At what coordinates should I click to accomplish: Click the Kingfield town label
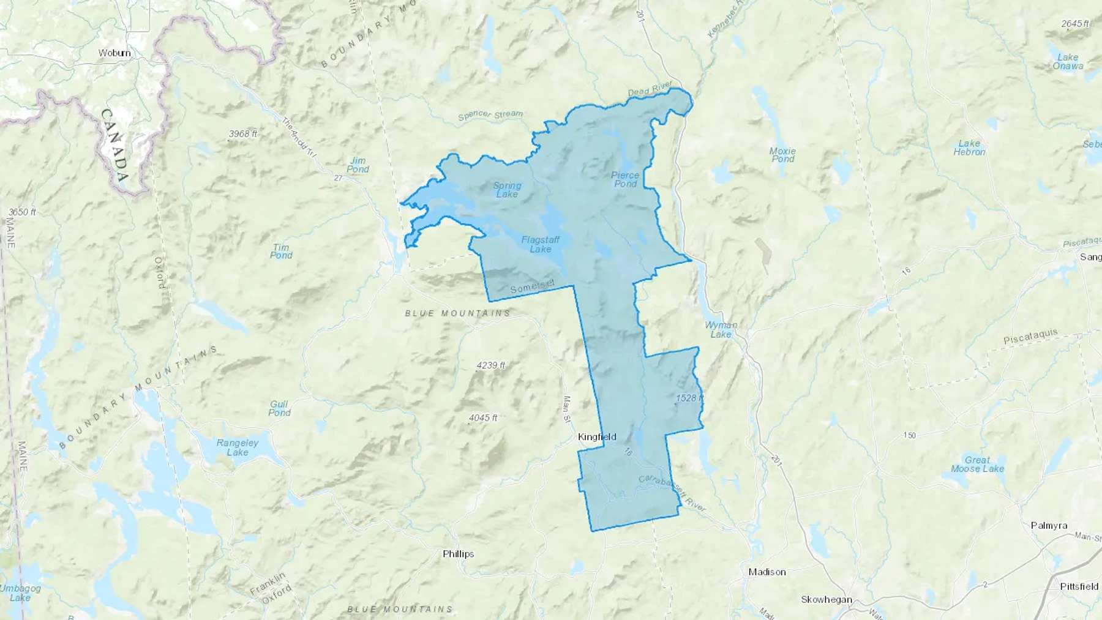click(597, 437)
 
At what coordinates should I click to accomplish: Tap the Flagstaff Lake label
click(540, 244)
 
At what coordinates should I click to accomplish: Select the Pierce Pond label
click(625, 179)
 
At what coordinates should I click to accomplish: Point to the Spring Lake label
click(507, 190)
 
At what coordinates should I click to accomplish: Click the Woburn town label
click(114, 53)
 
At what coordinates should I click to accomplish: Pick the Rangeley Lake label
click(238, 447)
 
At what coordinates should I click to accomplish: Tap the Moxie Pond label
click(782, 155)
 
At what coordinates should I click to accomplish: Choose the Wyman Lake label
click(721, 329)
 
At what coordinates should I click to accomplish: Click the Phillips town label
click(458, 554)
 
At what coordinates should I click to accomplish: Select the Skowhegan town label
click(826, 599)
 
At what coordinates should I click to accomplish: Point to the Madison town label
click(767, 572)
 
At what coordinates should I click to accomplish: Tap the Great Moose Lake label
click(977, 464)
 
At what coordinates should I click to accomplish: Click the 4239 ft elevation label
click(491, 365)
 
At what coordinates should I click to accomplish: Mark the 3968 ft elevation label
click(243, 133)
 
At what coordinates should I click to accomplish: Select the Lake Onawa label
click(1068, 61)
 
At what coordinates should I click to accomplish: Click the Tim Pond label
click(281, 251)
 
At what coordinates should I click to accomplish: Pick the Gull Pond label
click(279, 408)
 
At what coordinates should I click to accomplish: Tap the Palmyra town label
click(1049, 525)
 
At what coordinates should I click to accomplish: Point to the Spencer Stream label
click(490, 114)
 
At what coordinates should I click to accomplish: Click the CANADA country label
click(114, 146)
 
